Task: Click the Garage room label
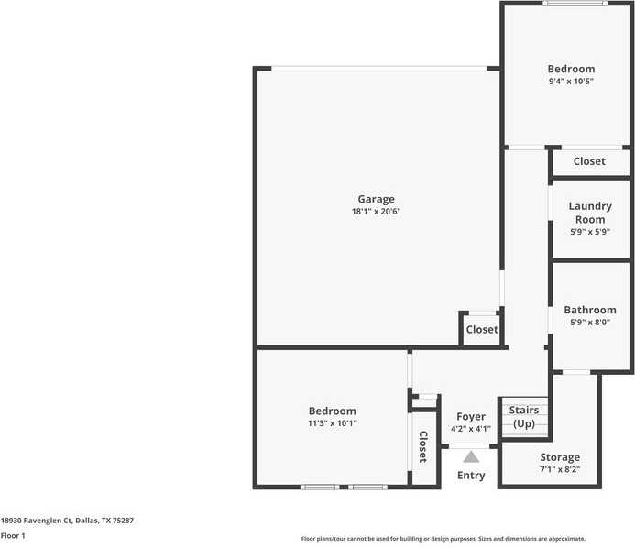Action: (376, 199)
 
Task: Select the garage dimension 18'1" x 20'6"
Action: (376, 212)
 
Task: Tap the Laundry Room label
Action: (589, 213)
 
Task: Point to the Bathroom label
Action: (589, 310)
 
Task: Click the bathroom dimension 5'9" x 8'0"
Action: (589, 323)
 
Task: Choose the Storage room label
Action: (559, 457)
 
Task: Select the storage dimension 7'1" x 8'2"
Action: (559, 470)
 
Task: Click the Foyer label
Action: (471, 417)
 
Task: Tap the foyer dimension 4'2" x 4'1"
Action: (471, 429)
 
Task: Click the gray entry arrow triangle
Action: (471, 456)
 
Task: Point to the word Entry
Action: (471, 476)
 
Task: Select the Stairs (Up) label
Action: (524, 417)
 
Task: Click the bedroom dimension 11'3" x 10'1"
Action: (332, 423)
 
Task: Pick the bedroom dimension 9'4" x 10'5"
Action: (571, 82)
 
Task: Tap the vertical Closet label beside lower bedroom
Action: (423, 448)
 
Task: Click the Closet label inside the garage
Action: (482, 329)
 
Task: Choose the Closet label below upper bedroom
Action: (589, 161)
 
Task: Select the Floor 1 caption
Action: (13, 535)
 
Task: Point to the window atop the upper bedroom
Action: (574, 4)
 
